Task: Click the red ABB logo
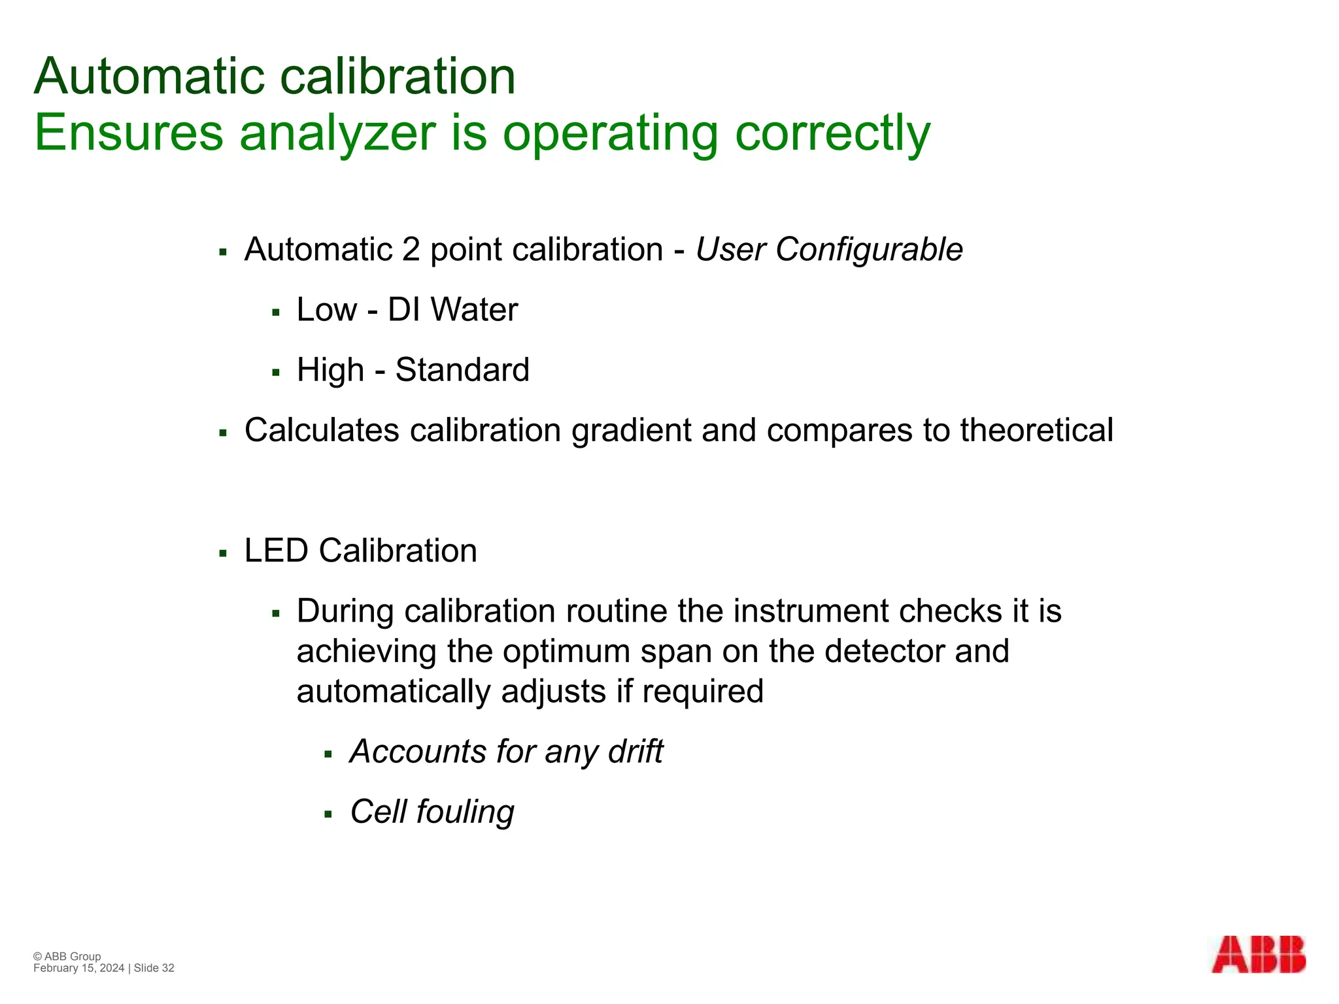(1259, 963)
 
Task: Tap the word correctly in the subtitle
(832, 134)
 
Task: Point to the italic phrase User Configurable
(829, 250)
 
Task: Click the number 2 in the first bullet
(411, 250)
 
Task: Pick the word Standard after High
(462, 370)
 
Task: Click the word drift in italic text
(636, 752)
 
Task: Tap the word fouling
(466, 812)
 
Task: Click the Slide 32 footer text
(154, 968)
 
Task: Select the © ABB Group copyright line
(67, 956)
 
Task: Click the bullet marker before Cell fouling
(328, 814)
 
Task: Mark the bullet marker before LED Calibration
(223, 554)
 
